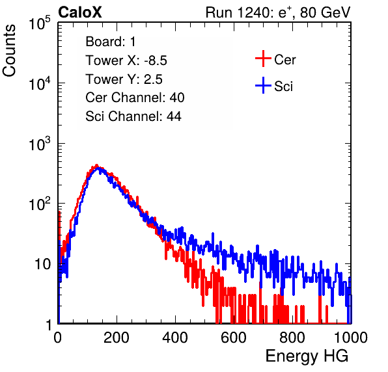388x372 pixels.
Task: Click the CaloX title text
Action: coord(80,12)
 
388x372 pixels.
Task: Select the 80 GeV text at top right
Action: coord(325,12)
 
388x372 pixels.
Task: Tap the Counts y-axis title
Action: coord(9,51)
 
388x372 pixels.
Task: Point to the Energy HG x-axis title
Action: coord(307,356)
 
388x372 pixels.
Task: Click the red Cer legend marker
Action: coord(263,59)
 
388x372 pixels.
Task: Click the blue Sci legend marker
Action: coord(263,85)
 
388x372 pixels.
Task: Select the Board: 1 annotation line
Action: coord(111,42)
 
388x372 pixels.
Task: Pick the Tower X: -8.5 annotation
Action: coord(126,60)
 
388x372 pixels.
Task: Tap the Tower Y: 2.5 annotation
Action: coord(124,79)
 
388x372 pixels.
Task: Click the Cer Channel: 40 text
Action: coord(135,98)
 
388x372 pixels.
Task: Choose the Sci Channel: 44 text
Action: coord(133,116)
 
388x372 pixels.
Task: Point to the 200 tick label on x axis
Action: coord(117,338)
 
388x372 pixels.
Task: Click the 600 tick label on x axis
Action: coord(234,338)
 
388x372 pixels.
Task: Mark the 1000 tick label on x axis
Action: coord(351,338)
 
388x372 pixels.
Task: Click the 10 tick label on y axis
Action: coord(42,264)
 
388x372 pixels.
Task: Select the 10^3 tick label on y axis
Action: coord(40,144)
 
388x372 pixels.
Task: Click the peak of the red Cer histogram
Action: coord(97,165)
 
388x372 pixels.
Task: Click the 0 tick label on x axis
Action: coord(58,338)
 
